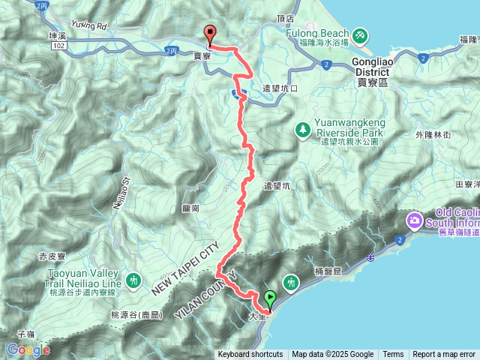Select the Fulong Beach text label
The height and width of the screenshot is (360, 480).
[317, 34]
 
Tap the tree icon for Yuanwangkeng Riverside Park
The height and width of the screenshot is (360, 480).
[303, 129]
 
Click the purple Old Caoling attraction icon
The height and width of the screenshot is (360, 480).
[414, 221]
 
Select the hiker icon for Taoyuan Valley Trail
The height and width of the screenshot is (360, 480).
[134, 280]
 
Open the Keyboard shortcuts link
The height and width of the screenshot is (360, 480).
[250, 355]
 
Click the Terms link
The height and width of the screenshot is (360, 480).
[393, 355]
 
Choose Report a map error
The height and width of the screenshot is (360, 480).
[444, 355]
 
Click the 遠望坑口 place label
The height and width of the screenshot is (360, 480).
[280, 88]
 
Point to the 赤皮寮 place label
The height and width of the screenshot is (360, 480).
[52, 256]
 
